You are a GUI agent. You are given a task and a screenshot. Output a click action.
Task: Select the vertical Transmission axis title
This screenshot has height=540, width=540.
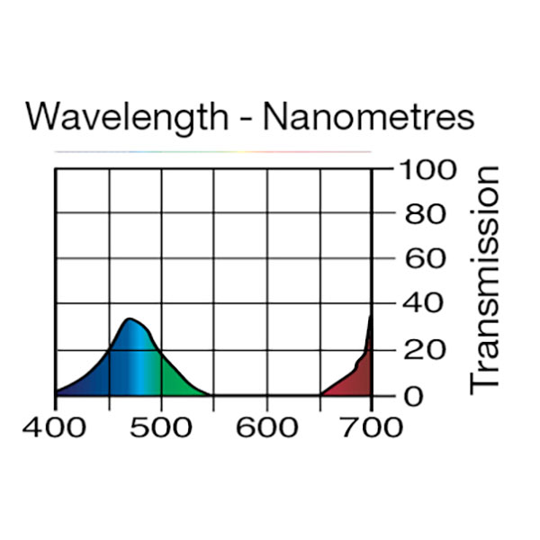tap(484, 278)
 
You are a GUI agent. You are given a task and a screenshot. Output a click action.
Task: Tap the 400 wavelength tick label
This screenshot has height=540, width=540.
tap(57, 426)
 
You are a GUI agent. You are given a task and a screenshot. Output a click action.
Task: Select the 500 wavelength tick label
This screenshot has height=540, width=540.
tap(161, 426)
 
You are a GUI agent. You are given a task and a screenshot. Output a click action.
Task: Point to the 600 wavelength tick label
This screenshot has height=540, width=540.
tap(266, 426)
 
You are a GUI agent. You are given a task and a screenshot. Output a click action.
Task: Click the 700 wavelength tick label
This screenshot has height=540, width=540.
tap(371, 426)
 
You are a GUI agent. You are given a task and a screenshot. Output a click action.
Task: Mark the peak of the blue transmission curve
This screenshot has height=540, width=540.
tap(130, 319)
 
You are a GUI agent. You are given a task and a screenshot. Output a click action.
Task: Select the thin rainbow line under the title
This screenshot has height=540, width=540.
tap(213, 151)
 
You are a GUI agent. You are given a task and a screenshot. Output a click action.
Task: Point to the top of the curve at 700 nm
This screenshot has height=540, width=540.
tap(371, 315)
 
